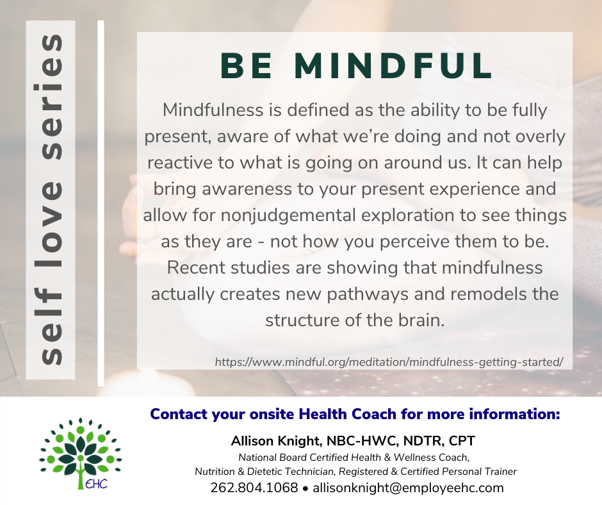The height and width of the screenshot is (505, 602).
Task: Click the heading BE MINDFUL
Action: pos(357,66)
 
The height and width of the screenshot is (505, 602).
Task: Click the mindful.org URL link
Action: pos(389,362)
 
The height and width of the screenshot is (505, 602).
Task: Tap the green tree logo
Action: pos(81,452)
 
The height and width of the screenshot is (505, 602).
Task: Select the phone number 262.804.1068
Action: pos(254,488)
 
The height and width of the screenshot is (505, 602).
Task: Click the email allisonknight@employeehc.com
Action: pos(408,488)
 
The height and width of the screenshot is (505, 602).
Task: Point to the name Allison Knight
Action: pos(277,441)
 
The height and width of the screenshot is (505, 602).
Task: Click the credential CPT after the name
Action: pos(462,441)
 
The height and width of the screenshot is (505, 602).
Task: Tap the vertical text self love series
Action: pos(51,200)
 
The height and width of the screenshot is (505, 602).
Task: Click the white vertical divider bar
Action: pos(101,203)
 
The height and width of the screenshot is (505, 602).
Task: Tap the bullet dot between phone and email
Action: pos(305,489)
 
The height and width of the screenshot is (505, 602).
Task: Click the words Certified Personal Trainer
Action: pos(459,472)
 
